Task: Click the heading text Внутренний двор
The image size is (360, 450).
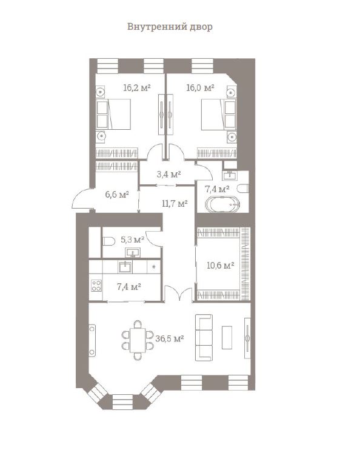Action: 170,27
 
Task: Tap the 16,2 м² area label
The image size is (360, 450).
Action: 137,87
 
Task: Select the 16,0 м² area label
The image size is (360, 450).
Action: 200,87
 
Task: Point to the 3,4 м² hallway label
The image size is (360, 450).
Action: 168,174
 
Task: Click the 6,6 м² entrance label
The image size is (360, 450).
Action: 117,195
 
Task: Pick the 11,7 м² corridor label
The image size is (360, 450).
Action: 175,204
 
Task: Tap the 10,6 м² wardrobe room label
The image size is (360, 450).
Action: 220,265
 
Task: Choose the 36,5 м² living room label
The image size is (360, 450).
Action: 170,338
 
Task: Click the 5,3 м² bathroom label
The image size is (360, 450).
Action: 132,240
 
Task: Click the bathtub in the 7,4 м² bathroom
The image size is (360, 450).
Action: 222,204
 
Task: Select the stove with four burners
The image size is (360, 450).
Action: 96,286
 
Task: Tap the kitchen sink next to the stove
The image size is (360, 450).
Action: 125,267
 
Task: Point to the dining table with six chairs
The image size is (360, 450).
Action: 138,340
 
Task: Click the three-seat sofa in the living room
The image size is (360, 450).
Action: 204,337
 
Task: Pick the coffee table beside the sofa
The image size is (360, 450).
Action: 227,337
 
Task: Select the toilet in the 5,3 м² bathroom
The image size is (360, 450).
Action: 108,241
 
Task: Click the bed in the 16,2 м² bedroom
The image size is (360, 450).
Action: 113,114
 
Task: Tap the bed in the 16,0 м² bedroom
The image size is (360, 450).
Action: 219,114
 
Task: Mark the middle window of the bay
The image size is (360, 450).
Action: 123,401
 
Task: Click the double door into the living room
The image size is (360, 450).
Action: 178,294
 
